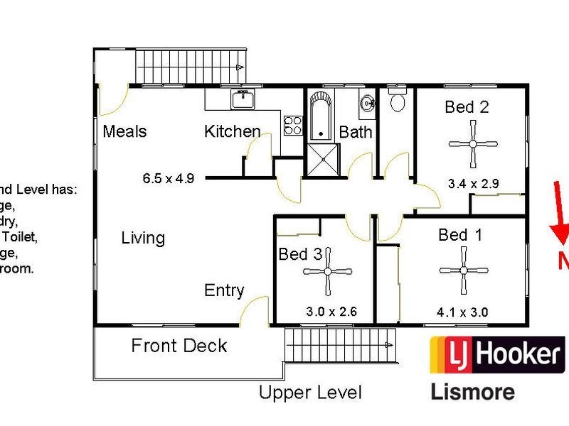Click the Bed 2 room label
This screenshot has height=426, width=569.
pyautogui.click(x=467, y=107)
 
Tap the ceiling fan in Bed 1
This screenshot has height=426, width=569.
pyautogui.click(x=463, y=271)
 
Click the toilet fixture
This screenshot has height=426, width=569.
pyautogui.click(x=398, y=101)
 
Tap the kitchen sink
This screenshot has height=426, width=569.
pyautogui.click(x=243, y=100)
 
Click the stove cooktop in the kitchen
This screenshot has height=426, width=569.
pyautogui.click(x=293, y=126)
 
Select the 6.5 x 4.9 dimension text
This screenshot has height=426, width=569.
pyautogui.click(x=169, y=178)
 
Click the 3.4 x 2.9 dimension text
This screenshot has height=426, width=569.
pyautogui.click(x=473, y=183)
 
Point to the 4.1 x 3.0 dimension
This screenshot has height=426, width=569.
pyautogui.click(x=463, y=311)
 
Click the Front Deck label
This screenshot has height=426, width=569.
pyautogui.click(x=179, y=346)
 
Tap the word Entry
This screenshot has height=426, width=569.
pyautogui.click(x=224, y=290)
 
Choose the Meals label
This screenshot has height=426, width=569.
pyautogui.click(x=124, y=131)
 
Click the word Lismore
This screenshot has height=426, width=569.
pyautogui.click(x=472, y=391)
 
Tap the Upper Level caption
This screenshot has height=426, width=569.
pyautogui.click(x=310, y=392)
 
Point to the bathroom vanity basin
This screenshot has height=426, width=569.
pyautogui.click(x=368, y=104)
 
